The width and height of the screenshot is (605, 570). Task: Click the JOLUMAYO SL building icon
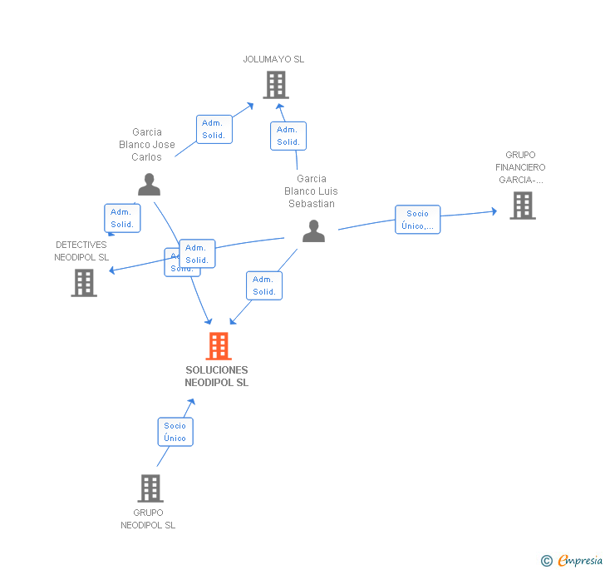coord(275,84)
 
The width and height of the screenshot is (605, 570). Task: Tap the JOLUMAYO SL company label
coord(273,59)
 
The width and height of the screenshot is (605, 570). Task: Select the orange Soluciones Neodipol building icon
coord(218,345)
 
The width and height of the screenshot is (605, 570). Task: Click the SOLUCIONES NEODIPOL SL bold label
coord(216,376)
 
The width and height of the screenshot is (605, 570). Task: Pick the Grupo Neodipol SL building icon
coord(150,488)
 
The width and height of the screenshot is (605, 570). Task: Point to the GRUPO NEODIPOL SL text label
coord(148,519)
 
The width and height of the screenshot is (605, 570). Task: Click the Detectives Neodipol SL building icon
coord(84,283)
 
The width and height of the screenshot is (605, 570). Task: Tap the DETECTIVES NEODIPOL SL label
coord(81,251)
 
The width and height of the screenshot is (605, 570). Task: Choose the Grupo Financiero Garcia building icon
coord(522,205)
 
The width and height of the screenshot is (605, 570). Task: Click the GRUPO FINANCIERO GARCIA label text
coord(522,167)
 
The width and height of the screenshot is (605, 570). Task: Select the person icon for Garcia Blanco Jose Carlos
coord(149,184)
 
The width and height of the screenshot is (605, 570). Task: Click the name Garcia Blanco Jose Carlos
coord(147,144)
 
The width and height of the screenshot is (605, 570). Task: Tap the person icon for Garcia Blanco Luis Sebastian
coord(313,230)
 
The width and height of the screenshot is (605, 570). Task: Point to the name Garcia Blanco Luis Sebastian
coord(311,191)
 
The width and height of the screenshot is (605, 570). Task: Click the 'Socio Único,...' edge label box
coord(417,220)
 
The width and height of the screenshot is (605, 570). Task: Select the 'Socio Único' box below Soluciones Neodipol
coord(175,432)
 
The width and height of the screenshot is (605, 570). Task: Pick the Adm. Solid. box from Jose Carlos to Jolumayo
coord(214,129)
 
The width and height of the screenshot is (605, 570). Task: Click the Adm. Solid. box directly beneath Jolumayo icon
coord(288,136)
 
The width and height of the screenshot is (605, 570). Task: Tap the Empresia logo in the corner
coord(573,560)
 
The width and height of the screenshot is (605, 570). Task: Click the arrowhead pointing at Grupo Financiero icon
coord(494,211)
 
